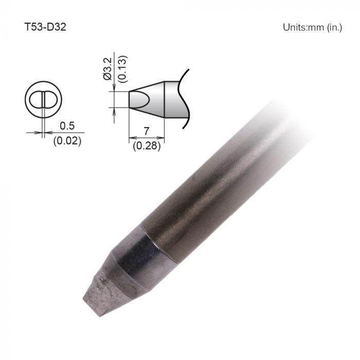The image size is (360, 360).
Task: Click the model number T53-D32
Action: [x=45, y=26]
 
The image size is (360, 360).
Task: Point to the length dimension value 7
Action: [x=147, y=131]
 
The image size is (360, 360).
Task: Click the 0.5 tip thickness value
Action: [x=67, y=125]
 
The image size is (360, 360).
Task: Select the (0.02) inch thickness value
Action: [x=67, y=140]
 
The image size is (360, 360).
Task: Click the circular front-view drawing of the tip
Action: [x=43, y=99]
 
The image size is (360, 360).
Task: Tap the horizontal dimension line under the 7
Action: [x=147, y=138]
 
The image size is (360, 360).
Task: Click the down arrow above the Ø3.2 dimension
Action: [x=113, y=87]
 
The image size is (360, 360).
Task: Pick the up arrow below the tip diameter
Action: [x=113, y=110]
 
